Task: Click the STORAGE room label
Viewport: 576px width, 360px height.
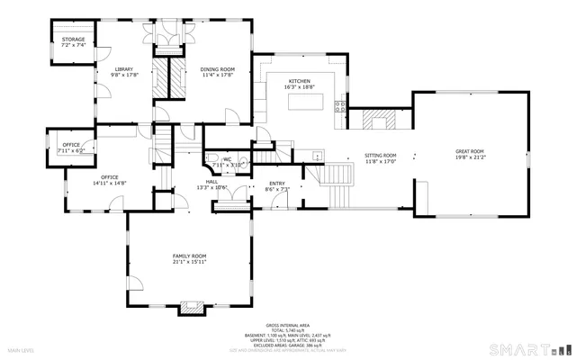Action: tap(73, 40)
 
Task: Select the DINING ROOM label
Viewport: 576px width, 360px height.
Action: tap(217, 69)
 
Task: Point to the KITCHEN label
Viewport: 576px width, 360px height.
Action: tap(300, 81)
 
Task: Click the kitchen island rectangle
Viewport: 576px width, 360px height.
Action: tap(307, 100)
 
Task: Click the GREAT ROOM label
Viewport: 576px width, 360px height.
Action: tap(469, 151)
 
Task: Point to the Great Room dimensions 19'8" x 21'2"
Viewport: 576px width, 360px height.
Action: tap(469, 157)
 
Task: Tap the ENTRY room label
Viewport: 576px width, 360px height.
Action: tap(277, 184)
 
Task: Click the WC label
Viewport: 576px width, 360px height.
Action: tap(228, 159)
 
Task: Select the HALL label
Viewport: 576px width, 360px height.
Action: tap(212, 182)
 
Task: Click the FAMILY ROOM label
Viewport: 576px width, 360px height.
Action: tap(190, 256)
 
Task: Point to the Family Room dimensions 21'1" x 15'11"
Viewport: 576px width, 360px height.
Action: tap(190, 263)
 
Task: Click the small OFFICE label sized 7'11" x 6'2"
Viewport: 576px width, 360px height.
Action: tap(71, 145)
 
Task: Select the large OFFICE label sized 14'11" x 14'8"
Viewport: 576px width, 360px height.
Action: tap(110, 177)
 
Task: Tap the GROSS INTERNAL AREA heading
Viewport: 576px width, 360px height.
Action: tap(287, 325)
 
